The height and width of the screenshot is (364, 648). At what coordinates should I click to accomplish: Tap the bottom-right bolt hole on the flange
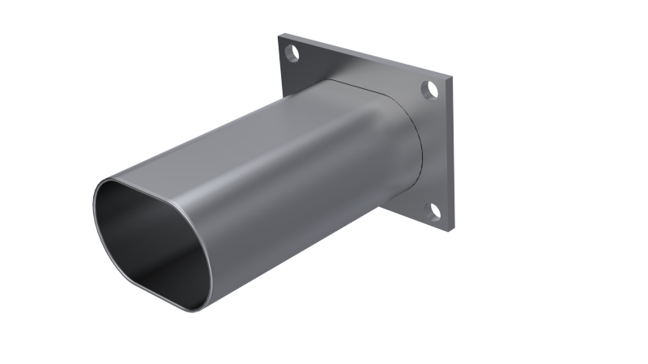coord(433,213)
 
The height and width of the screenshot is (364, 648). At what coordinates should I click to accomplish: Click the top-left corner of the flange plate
coord(279,36)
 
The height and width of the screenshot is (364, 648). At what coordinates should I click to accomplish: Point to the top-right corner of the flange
coord(451,79)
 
